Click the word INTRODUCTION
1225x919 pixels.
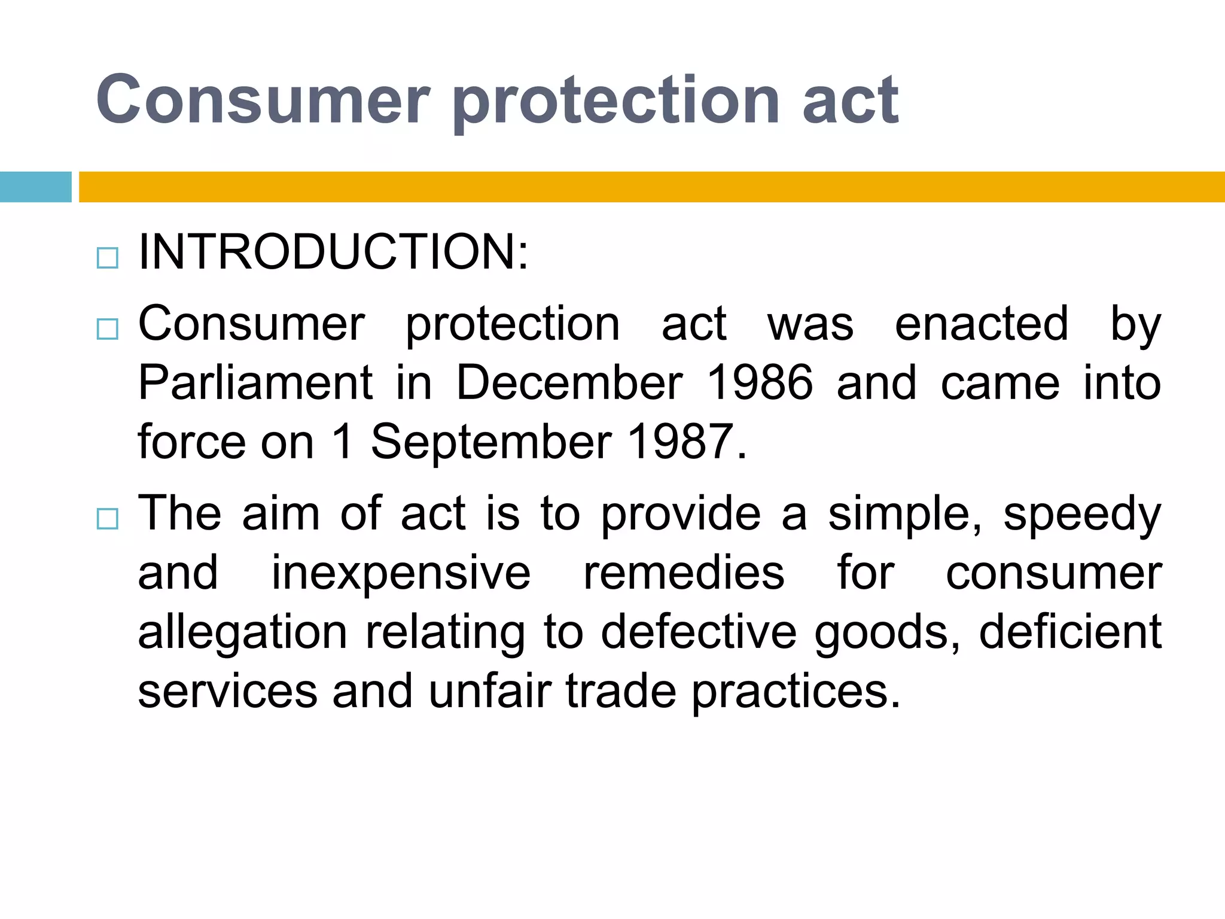(333, 252)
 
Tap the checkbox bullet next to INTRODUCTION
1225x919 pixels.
(108, 258)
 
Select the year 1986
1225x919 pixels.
(760, 383)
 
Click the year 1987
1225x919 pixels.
(681, 442)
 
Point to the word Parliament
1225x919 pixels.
(255, 383)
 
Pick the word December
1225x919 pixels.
(569, 383)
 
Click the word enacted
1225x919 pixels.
(981, 324)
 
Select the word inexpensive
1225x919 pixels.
(401, 573)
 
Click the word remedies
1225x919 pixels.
(684, 573)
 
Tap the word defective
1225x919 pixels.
(698, 632)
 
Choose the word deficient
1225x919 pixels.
(1070, 632)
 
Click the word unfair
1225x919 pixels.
(489, 691)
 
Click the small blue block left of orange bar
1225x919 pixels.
(35, 187)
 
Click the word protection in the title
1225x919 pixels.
(616, 101)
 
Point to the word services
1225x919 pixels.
(227, 691)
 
